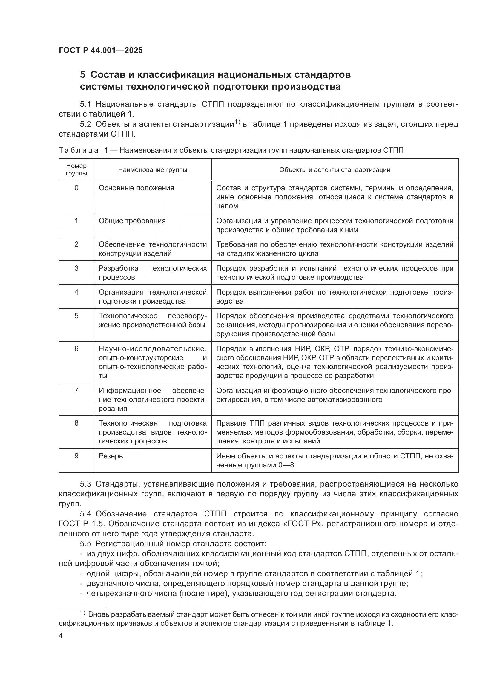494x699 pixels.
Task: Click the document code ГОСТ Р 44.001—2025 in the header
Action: pyautogui.click(x=101, y=51)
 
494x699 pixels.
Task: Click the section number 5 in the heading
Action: pyautogui.click(x=83, y=75)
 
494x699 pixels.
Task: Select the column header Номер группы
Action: pyautogui.click(x=76, y=169)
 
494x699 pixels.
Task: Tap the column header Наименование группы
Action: pyautogui.click(x=153, y=170)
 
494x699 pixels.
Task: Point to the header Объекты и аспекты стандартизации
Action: pyautogui.click(x=335, y=170)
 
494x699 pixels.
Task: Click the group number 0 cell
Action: pyautogui.click(x=76, y=188)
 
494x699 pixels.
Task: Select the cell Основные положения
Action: pyautogui.click(x=136, y=188)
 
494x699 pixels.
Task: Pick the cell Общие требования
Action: pyautogui.click(x=132, y=221)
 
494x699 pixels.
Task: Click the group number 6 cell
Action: pyautogui.click(x=76, y=349)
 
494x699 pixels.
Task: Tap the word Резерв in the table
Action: pyautogui.click(x=111, y=456)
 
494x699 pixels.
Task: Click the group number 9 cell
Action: pyautogui.click(x=76, y=456)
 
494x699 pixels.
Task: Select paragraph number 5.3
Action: pyautogui.click(x=85, y=484)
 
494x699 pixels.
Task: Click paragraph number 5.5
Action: pyautogui.click(x=85, y=544)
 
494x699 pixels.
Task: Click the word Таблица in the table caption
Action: pyautogui.click(x=79, y=150)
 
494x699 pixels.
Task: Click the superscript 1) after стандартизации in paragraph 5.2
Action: pyautogui.click(x=237, y=123)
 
